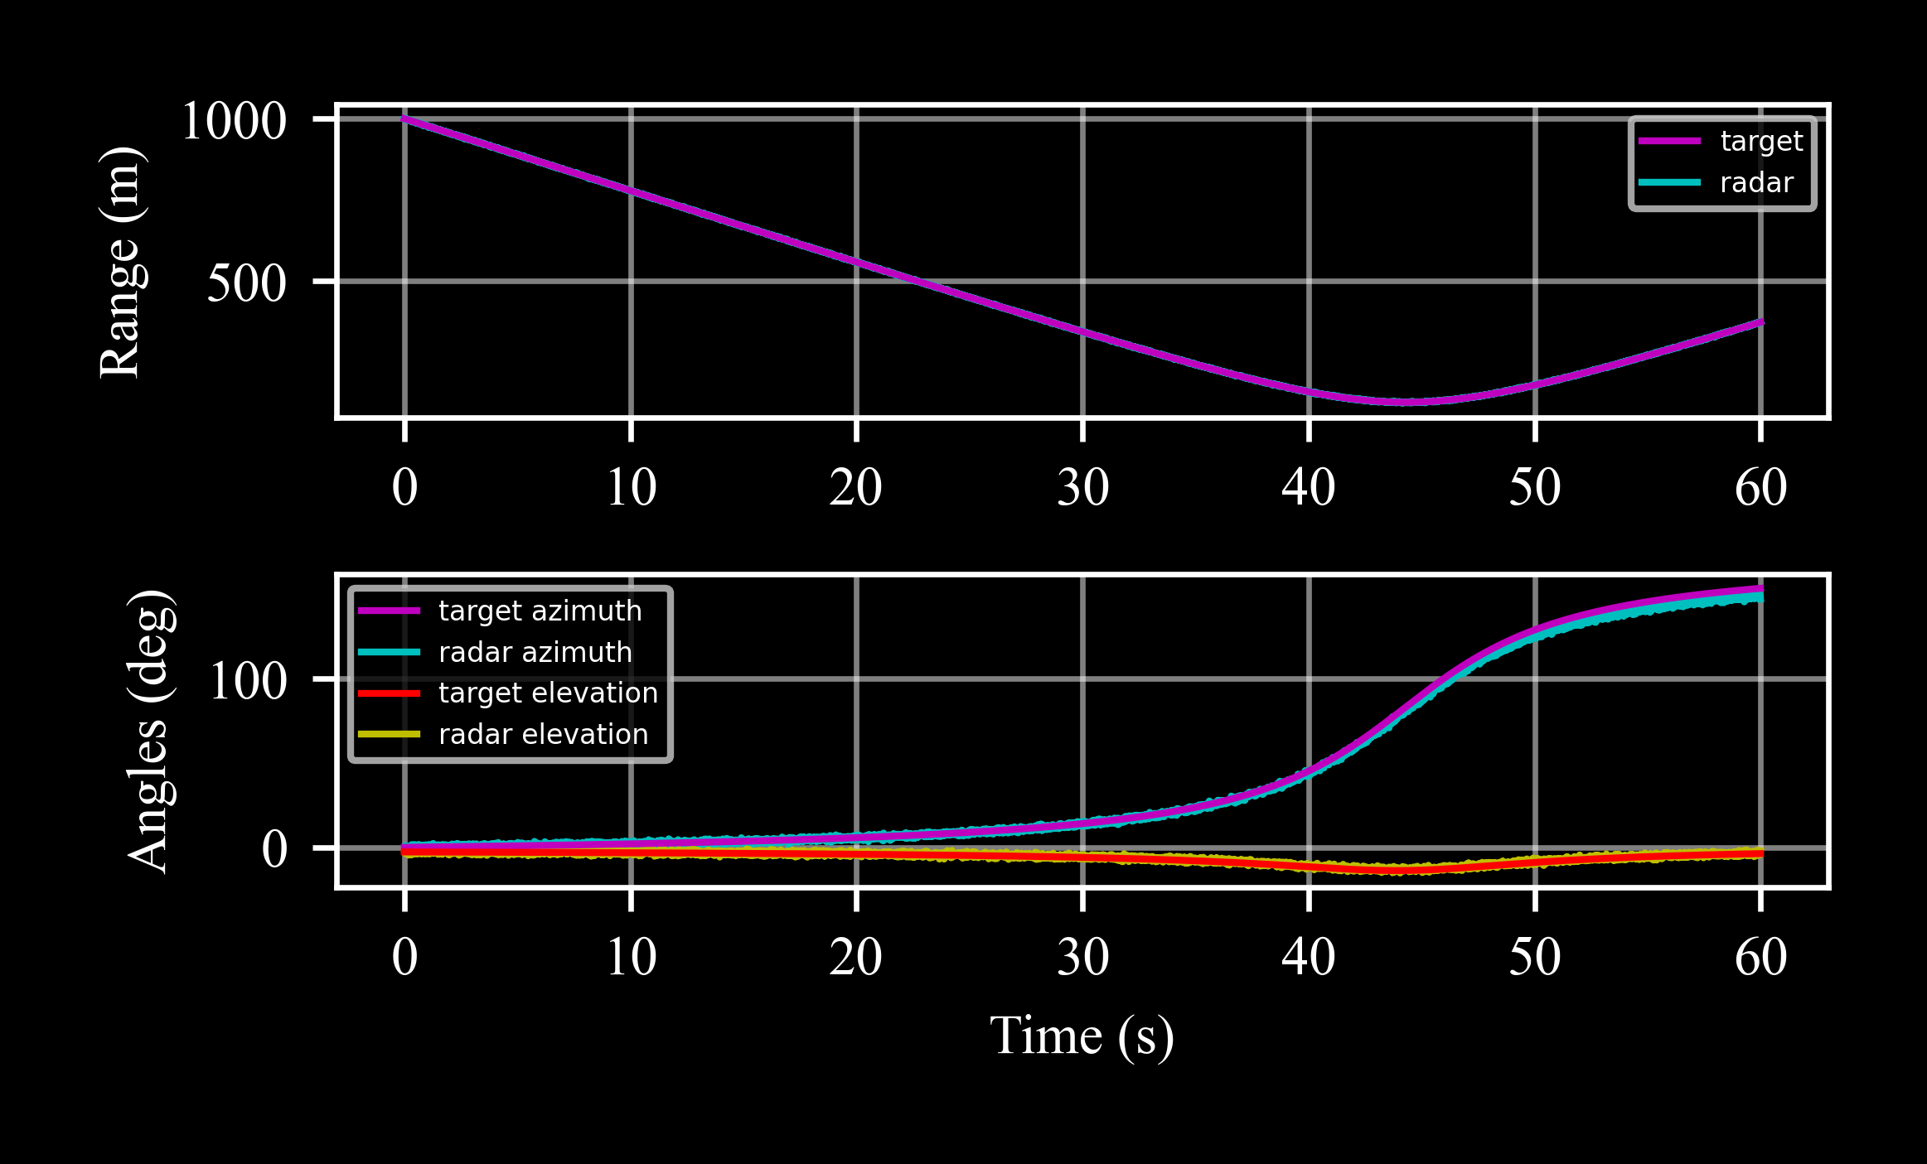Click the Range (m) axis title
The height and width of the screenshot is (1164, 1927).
point(121,262)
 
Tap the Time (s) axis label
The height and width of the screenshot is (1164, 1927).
point(1082,1036)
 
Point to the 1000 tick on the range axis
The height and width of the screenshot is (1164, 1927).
point(234,121)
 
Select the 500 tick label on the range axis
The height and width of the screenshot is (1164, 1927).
point(246,283)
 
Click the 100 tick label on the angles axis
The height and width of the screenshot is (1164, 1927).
point(248,682)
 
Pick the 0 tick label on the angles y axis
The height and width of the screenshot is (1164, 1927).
point(274,850)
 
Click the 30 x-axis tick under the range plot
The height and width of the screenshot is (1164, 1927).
point(1082,487)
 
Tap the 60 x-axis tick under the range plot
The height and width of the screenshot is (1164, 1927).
point(1760,487)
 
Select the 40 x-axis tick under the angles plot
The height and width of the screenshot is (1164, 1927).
point(1308,957)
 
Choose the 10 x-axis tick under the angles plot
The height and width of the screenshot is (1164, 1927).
point(631,957)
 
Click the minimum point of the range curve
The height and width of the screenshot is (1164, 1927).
point(1407,402)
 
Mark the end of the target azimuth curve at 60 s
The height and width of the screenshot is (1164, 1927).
point(1760,589)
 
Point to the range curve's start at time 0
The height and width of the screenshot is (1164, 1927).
point(404,118)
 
